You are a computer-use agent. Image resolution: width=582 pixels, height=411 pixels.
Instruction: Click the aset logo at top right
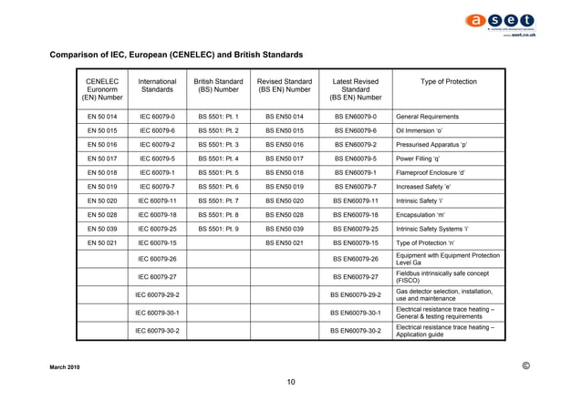coord(501,21)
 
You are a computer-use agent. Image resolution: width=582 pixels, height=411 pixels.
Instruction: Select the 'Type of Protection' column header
coord(448,81)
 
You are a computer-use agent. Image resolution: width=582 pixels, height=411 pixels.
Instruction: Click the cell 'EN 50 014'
coord(102,118)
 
